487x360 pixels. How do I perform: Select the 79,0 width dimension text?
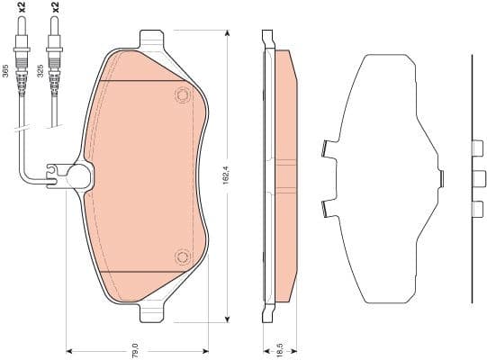click(x=135, y=349)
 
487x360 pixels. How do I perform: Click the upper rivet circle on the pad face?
click(x=183, y=96)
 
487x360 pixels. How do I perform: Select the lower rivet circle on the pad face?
click(x=183, y=257)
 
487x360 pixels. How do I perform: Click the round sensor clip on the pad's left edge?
click(x=78, y=176)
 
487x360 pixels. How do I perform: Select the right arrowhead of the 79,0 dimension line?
click(x=206, y=349)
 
